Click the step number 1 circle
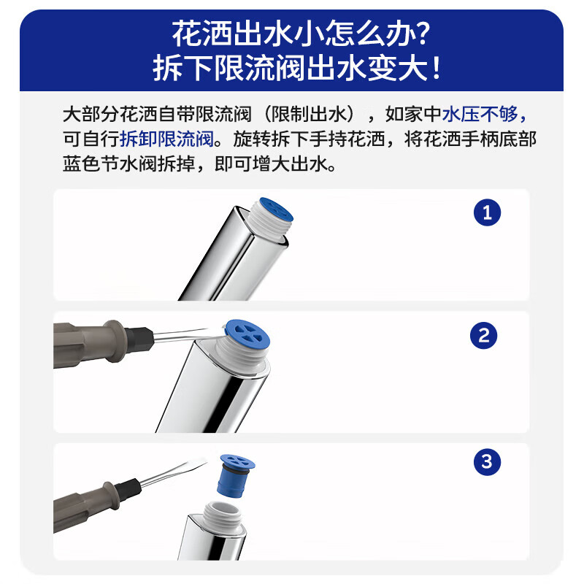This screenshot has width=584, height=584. click(487, 212)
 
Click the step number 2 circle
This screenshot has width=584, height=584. click(483, 336)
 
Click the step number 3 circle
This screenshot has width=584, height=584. click(487, 461)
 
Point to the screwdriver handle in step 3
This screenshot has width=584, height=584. click(91, 499)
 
